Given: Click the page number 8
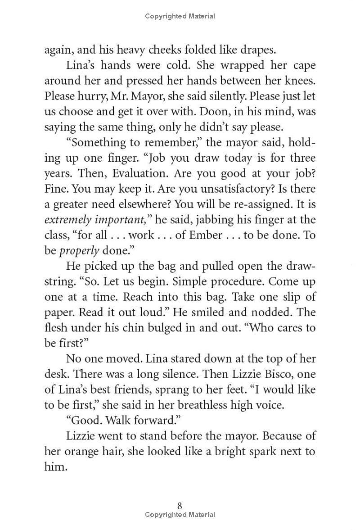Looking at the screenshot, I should click(180, 506).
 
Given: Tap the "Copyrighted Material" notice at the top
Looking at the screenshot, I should click(180, 16).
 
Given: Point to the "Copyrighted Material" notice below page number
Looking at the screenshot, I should click(180, 515).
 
